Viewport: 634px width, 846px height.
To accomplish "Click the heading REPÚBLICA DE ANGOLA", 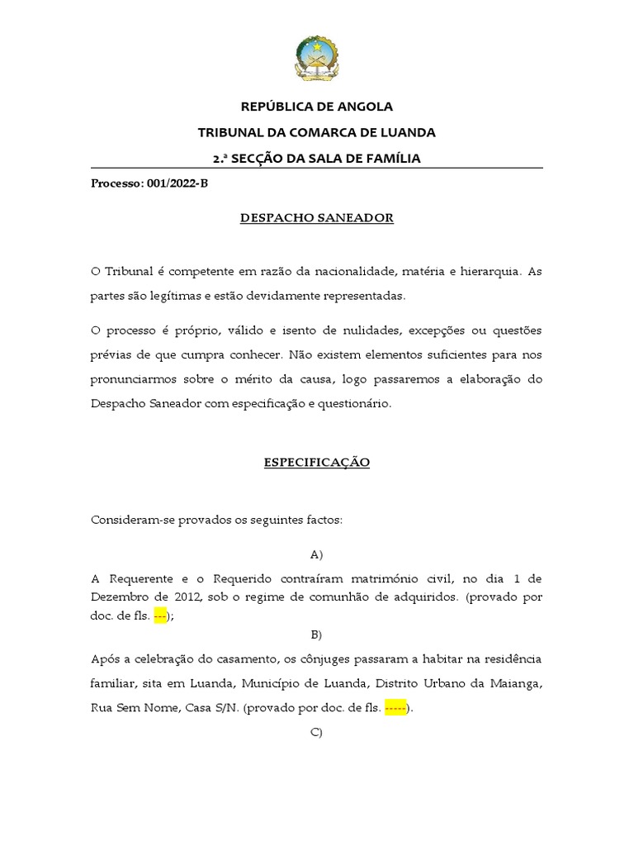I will pyautogui.click(x=316, y=107).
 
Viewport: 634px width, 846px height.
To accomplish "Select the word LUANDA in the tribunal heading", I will pyautogui.click(x=405, y=132).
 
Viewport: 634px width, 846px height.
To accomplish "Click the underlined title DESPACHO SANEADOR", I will pyautogui.click(x=316, y=218).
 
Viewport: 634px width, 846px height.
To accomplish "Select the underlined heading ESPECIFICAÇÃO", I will pyautogui.click(x=316, y=463).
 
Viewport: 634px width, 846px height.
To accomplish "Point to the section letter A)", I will pyautogui.click(x=316, y=554).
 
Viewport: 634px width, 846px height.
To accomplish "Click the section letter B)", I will pyautogui.click(x=316, y=635).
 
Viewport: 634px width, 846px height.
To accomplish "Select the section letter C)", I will pyautogui.click(x=316, y=733).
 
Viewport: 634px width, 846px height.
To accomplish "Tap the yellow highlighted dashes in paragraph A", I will pyautogui.click(x=160, y=615).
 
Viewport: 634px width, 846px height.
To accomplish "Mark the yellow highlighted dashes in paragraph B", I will pyautogui.click(x=396, y=708).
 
